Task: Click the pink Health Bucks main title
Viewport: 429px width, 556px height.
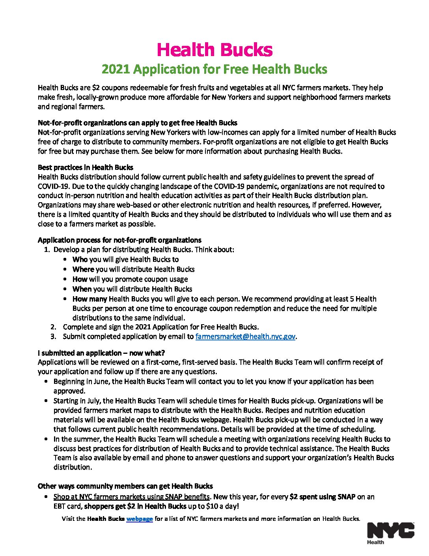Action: click(214, 50)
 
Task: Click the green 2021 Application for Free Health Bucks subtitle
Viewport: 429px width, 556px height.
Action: click(214, 69)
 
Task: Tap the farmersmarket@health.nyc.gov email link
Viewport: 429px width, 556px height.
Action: click(245, 336)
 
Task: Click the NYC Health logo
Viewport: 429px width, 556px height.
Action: click(390, 533)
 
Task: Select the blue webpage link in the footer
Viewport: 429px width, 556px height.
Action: click(140, 519)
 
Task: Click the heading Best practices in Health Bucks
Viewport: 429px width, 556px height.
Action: click(86, 167)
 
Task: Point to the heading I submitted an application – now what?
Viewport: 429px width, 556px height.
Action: click(101, 353)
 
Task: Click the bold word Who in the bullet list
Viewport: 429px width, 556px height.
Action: click(80, 259)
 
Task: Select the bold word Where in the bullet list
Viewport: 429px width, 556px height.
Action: click(83, 269)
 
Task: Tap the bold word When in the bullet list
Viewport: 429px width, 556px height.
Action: click(82, 289)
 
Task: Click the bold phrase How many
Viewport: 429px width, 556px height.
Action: click(90, 299)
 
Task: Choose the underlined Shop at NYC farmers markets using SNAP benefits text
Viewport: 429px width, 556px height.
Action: click(131, 497)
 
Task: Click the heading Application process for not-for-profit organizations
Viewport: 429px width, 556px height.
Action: click(119, 240)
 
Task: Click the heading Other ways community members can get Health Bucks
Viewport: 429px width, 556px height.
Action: click(125, 486)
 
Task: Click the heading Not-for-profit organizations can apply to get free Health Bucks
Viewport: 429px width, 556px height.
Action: click(138, 123)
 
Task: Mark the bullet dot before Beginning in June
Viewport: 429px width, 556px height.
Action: click(47, 381)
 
